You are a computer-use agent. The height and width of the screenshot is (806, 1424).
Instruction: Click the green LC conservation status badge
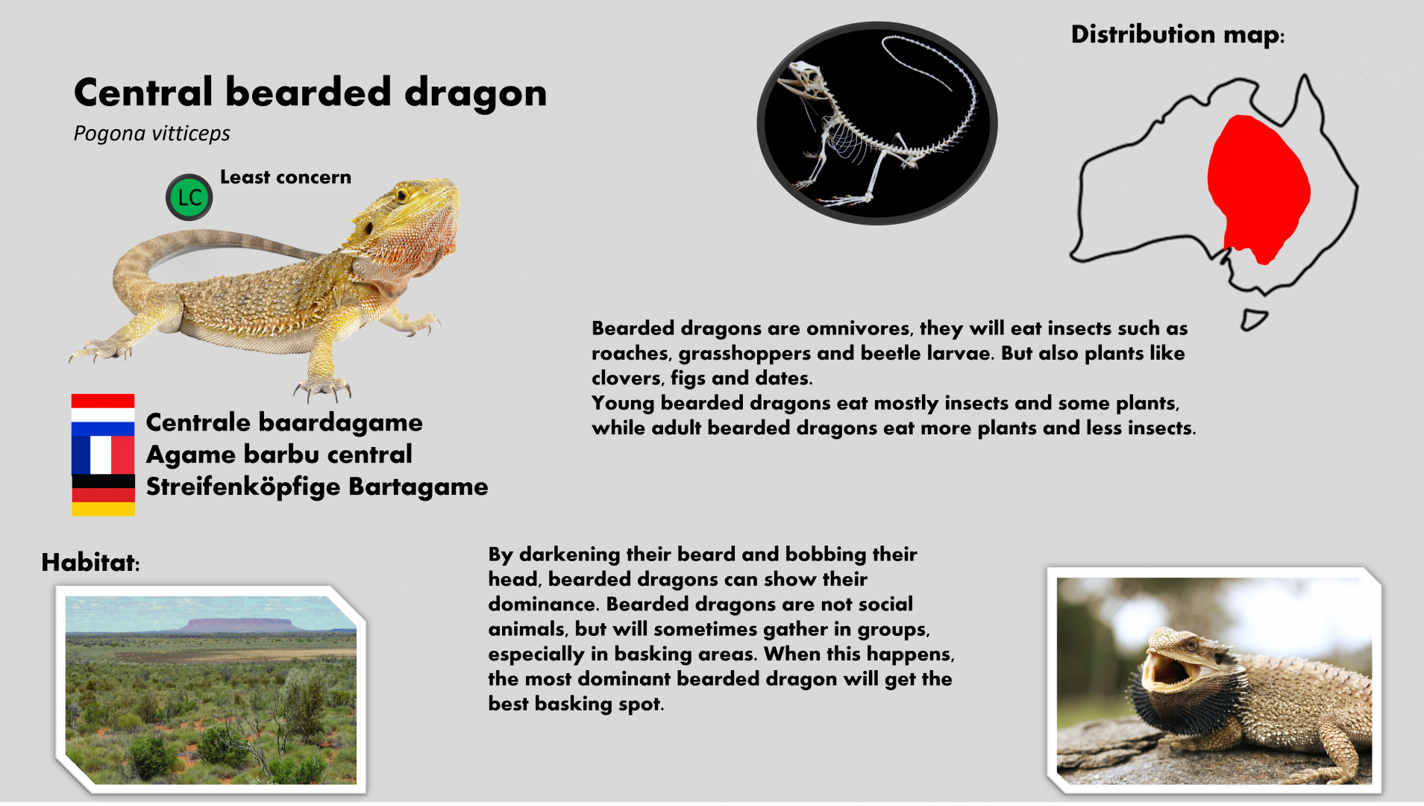189,198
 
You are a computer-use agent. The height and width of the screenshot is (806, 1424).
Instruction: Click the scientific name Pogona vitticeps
151,134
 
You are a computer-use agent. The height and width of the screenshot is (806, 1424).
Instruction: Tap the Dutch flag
103,414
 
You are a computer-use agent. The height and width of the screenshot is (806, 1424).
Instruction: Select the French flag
103,454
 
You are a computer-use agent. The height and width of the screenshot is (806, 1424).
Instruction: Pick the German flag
103,495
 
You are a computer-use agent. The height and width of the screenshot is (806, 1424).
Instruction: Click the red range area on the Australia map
1258,187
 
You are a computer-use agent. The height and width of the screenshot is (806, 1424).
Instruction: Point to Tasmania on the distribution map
1253,319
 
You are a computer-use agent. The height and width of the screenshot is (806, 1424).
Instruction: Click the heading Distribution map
1177,34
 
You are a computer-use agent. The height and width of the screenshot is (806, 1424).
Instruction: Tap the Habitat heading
90,562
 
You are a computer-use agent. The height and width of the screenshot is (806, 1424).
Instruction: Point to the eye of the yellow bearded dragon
403,196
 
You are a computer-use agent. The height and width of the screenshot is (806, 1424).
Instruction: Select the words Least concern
285,177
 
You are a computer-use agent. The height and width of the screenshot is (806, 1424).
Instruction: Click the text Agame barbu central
279,454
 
